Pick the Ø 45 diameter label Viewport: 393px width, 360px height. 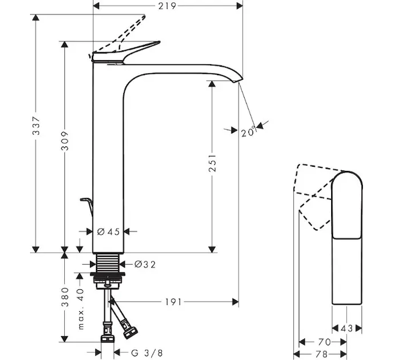tap(109, 232)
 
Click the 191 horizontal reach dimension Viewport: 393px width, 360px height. tap(173, 302)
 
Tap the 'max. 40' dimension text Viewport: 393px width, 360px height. tap(80, 309)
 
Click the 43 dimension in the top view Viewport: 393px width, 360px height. tap(346, 329)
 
